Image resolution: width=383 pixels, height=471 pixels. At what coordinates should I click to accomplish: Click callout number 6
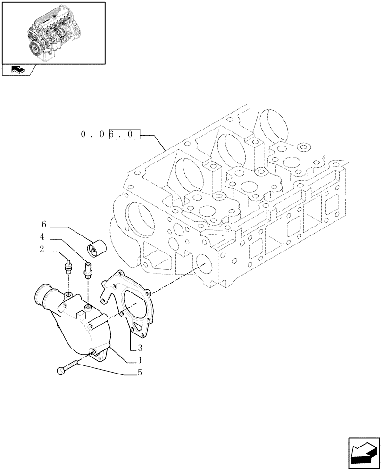44,225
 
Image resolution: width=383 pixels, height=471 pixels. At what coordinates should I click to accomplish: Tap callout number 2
42,250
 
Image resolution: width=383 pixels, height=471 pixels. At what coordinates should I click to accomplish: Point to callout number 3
140,349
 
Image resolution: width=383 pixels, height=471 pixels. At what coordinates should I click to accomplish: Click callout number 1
140,361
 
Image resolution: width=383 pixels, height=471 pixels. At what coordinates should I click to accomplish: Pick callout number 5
140,374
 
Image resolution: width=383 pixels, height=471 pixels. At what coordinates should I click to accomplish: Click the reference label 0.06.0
110,135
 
